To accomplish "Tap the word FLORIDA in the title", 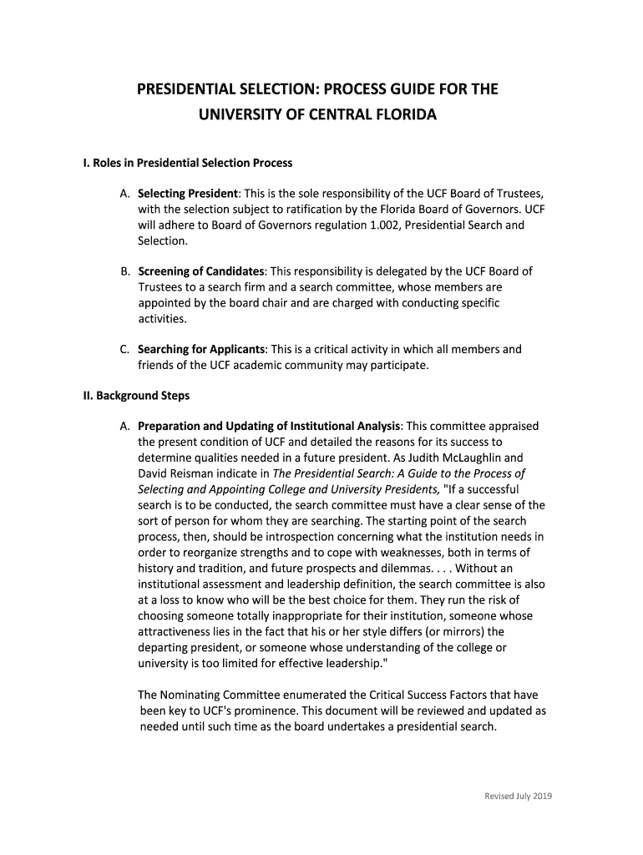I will (x=399, y=113).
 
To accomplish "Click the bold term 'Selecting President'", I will (x=189, y=193).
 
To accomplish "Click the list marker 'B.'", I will (x=125, y=271).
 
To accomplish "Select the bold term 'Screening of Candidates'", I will (x=201, y=271).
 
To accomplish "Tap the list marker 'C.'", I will (x=125, y=349).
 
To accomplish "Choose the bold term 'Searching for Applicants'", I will (x=202, y=349).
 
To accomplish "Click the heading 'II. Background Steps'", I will (x=136, y=395).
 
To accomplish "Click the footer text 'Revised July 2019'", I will (x=519, y=796).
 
